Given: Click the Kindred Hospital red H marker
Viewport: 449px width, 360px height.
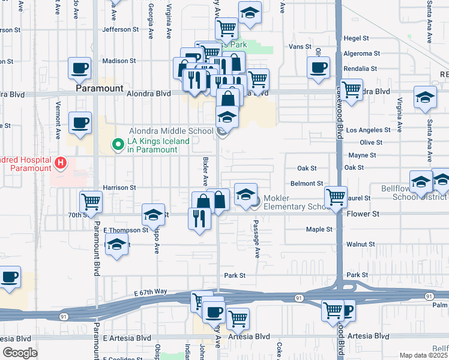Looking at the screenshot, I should [60, 163].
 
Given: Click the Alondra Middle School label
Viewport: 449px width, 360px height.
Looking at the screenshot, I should [171, 131].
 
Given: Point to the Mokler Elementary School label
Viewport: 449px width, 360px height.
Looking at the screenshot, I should [294, 202].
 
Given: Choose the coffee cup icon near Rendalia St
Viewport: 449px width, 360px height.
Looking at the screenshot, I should [318, 67].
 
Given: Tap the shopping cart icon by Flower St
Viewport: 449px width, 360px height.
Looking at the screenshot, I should [336, 196].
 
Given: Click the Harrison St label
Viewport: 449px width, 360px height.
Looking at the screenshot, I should [119, 188].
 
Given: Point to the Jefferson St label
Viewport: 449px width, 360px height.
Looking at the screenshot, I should [121, 29].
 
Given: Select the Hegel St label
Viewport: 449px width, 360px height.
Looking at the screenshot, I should [357, 38].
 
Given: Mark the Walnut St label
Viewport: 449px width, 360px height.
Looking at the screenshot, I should [361, 244].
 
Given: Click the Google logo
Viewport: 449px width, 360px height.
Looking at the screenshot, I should [20, 353].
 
